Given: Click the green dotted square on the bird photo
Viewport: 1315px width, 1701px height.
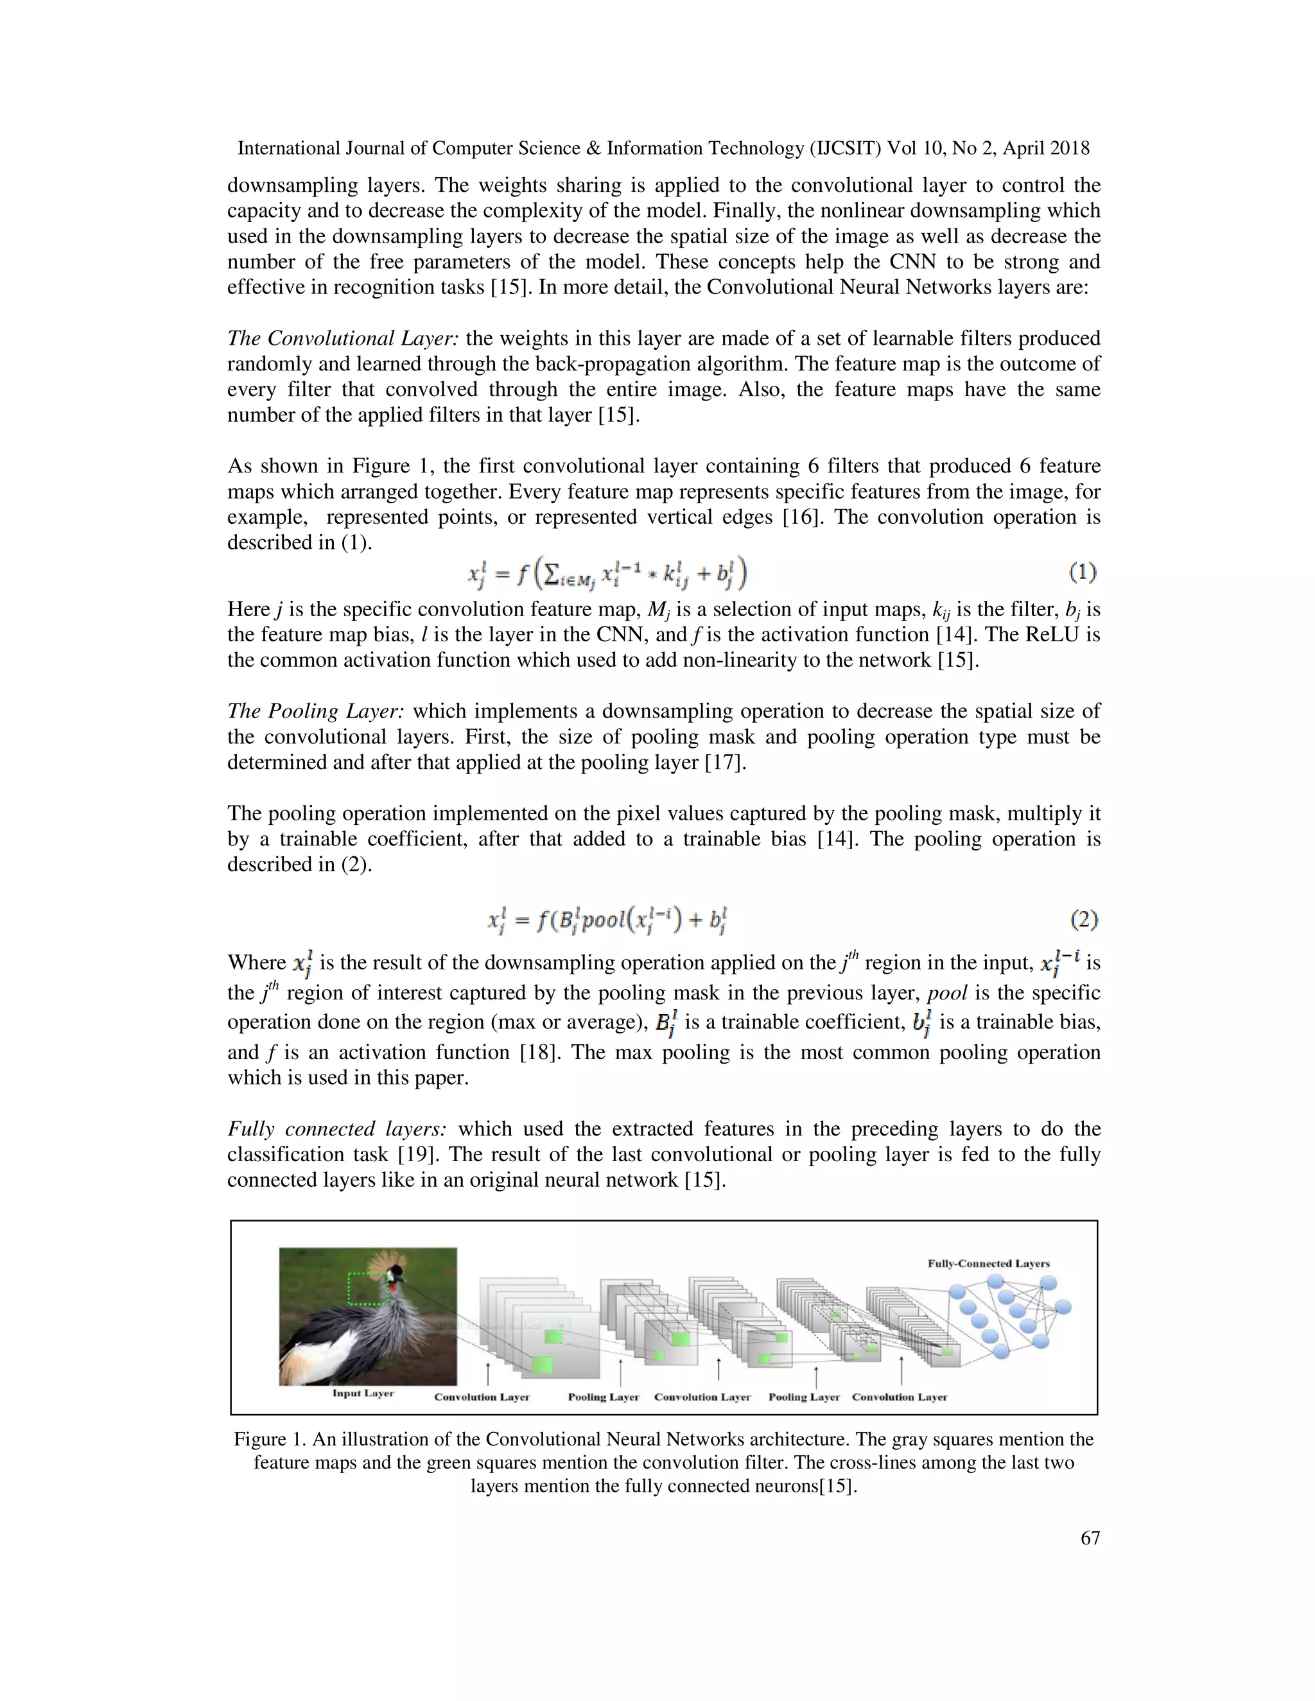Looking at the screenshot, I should coord(369,1288).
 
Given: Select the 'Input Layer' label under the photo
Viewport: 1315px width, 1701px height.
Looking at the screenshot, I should coord(363,1393).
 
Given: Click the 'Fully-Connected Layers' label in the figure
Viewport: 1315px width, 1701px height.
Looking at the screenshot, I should coord(989,1263).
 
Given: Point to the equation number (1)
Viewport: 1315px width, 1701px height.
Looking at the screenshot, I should coord(1083,573).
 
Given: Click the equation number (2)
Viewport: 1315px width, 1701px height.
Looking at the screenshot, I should coord(1084,920).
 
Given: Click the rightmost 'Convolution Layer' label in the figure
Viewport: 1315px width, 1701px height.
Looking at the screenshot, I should coord(899,1397).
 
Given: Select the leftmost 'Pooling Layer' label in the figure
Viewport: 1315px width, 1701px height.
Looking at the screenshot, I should coord(603,1397).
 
